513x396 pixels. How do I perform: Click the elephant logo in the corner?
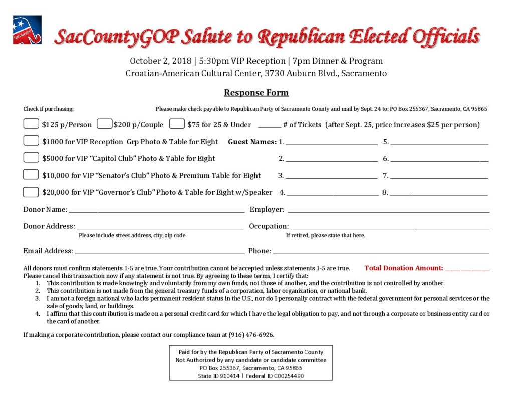[27, 30]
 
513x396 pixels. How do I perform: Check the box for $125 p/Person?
[31, 124]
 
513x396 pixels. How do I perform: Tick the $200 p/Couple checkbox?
[104, 124]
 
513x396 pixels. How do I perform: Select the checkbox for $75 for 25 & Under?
[177, 124]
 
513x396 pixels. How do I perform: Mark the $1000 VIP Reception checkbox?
[31, 141]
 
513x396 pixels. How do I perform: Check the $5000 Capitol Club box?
[31, 158]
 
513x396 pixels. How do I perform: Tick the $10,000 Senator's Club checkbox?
[31, 175]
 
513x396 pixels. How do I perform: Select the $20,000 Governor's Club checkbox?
[31, 192]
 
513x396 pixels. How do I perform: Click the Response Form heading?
[256, 93]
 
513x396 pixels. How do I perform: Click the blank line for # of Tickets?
[269, 127]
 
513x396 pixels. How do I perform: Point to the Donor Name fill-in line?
[156, 212]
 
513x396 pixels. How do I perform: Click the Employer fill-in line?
[388, 212]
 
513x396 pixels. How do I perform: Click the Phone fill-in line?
[381, 253]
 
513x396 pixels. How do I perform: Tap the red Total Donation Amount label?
[403, 268]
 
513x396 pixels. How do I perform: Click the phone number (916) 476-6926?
[250, 334]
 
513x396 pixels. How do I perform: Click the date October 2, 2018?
[160, 61]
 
